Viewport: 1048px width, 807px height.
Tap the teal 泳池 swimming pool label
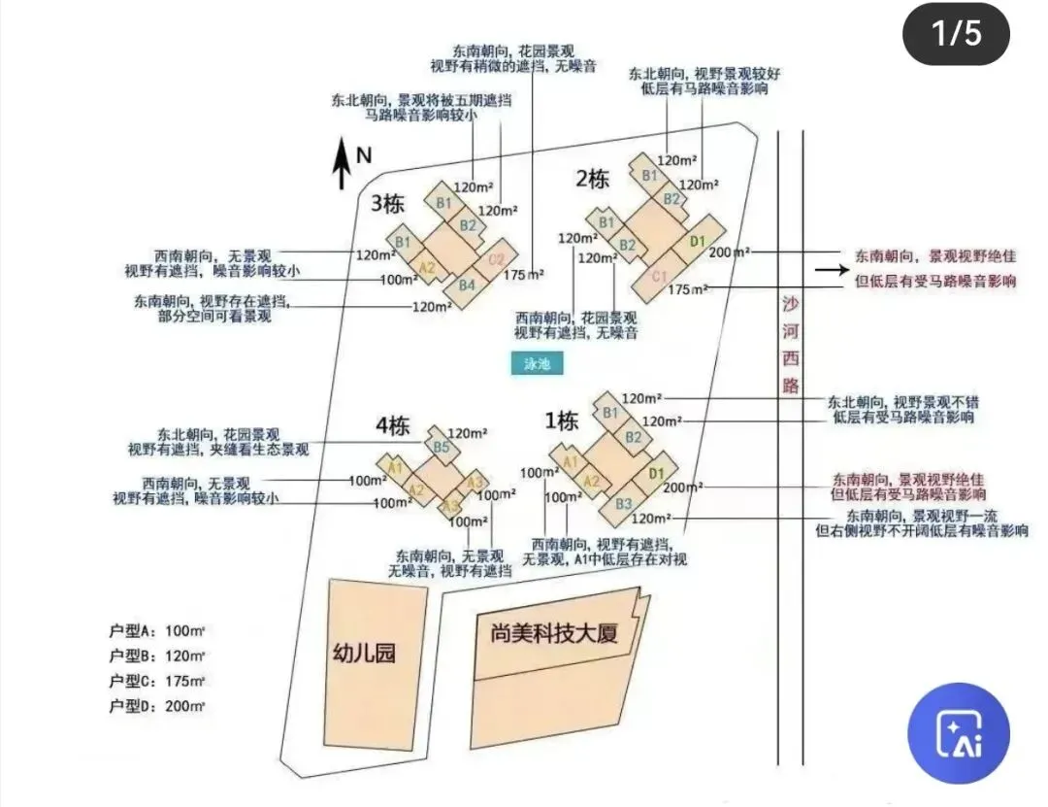(538, 363)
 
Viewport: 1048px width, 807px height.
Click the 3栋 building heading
(387, 204)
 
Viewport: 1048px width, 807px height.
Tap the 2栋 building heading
(592, 179)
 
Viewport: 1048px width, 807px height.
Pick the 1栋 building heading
(562, 420)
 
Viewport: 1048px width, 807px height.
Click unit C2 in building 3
(496, 258)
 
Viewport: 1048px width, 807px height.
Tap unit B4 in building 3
(467, 285)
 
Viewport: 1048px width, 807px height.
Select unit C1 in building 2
(660, 277)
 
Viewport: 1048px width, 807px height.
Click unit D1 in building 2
(696, 241)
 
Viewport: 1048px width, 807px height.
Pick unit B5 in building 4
(441, 447)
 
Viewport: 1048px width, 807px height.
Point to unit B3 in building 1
(623, 503)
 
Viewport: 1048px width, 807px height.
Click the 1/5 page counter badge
(957, 34)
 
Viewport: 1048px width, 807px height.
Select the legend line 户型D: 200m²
(158, 706)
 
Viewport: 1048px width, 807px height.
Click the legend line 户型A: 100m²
(158, 630)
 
